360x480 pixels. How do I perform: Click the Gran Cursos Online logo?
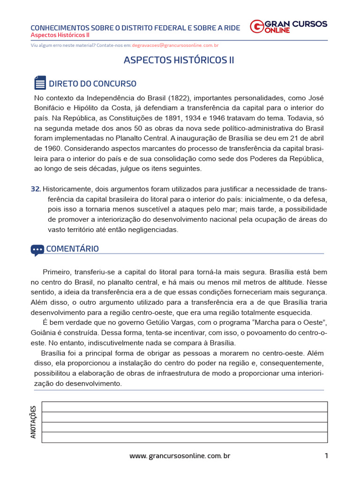click(x=288, y=27)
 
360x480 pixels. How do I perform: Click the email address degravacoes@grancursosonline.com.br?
click(x=175, y=45)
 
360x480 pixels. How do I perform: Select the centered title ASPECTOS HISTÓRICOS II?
click(x=179, y=60)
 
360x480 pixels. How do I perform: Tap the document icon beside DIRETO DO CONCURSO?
click(x=40, y=83)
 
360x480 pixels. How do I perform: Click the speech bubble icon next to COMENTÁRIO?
click(x=37, y=249)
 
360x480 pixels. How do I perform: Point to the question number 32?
click(x=36, y=189)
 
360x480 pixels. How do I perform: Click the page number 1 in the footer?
click(x=326, y=456)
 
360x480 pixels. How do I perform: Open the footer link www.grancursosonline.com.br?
click(x=180, y=456)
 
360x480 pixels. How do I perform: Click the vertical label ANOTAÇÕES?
click(x=33, y=422)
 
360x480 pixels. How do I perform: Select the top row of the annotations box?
click(x=184, y=406)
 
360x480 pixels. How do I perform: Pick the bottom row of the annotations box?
click(x=184, y=437)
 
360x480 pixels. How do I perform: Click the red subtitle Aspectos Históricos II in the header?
click(x=60, y=35)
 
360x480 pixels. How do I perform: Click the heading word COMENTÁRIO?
click(x=72, y=249)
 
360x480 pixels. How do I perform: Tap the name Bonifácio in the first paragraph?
click(x=49, y=108)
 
